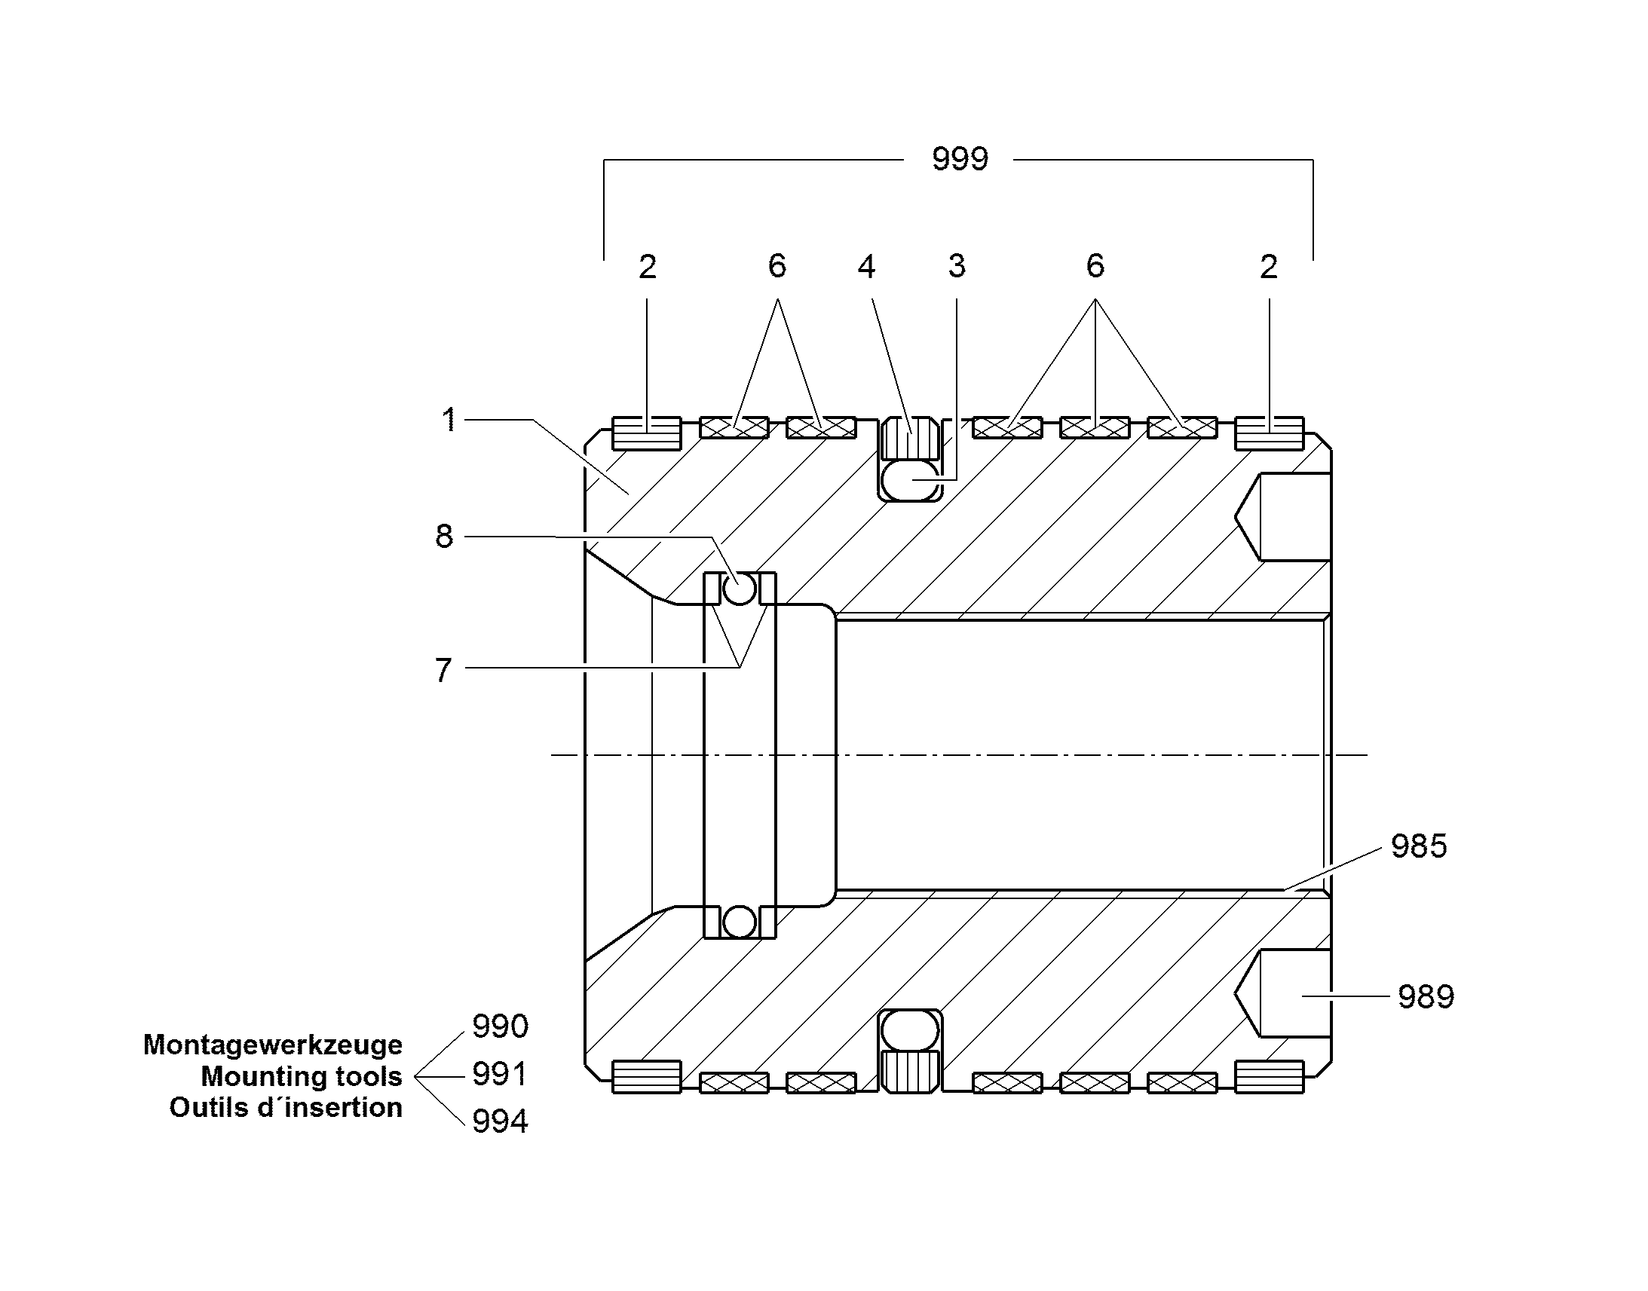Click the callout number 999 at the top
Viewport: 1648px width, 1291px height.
point(959,159)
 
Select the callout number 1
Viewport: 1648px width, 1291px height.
point(449,420)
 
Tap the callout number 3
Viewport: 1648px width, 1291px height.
point(957,266)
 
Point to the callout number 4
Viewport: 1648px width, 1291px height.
point(866,266)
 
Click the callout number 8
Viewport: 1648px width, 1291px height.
point(444,536)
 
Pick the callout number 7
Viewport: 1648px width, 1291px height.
point(443,670)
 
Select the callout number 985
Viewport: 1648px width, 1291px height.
point(1419,846)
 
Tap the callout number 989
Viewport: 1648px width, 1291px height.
point(1426,996)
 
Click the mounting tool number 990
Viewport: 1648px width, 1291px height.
point(500,1026)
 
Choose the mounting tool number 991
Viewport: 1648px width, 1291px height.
point(499,1074)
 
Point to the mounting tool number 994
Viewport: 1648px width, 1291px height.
point(500,1121)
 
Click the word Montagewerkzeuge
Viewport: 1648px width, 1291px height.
point(273,1045)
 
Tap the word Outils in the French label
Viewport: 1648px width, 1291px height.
point(206,1107)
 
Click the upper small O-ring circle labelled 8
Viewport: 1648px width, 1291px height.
point(740,589)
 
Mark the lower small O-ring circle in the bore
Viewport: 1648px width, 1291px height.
point(740,922)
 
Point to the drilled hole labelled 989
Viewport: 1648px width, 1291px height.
point(1283,993)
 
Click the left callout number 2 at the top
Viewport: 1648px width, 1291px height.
point(647,267)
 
